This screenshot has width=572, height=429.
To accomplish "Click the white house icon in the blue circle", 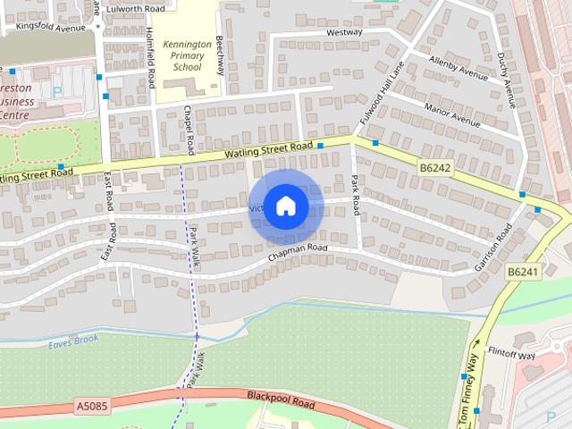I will pyautogui.click(x=285, y=206).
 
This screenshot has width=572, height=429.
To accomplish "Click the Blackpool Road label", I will pyautogui.click(x=282, y=400).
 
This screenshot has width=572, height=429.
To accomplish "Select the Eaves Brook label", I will pyautogui.click(x=73, y=340).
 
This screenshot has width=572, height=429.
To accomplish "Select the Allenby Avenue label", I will pyautogui.click(x=459, y=70).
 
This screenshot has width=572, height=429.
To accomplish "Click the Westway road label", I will pyautogui.click(x=344, y=32).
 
